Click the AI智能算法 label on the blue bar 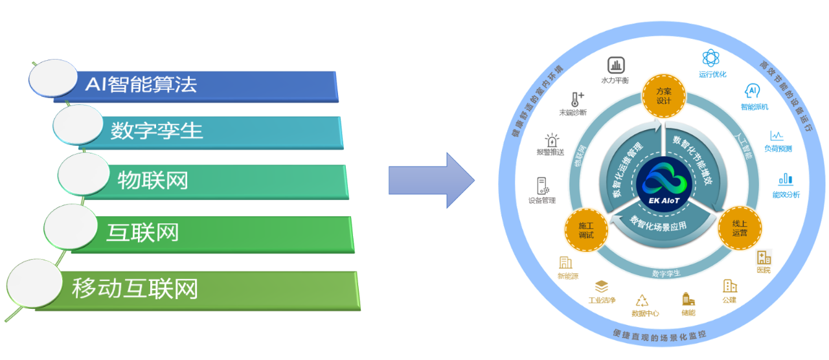point(141,84)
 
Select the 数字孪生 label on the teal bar point(156,131)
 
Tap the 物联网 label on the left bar point(153,180)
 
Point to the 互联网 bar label point(142,232)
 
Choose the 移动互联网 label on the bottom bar point(134,288)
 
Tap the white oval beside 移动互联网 point(32,283)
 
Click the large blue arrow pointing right point(431,179)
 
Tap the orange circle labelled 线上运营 point(740,228)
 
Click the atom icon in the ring point(711,59)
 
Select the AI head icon point(752,89)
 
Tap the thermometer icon point(574,99)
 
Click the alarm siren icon point(551,139)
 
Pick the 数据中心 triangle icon point(642,299)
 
